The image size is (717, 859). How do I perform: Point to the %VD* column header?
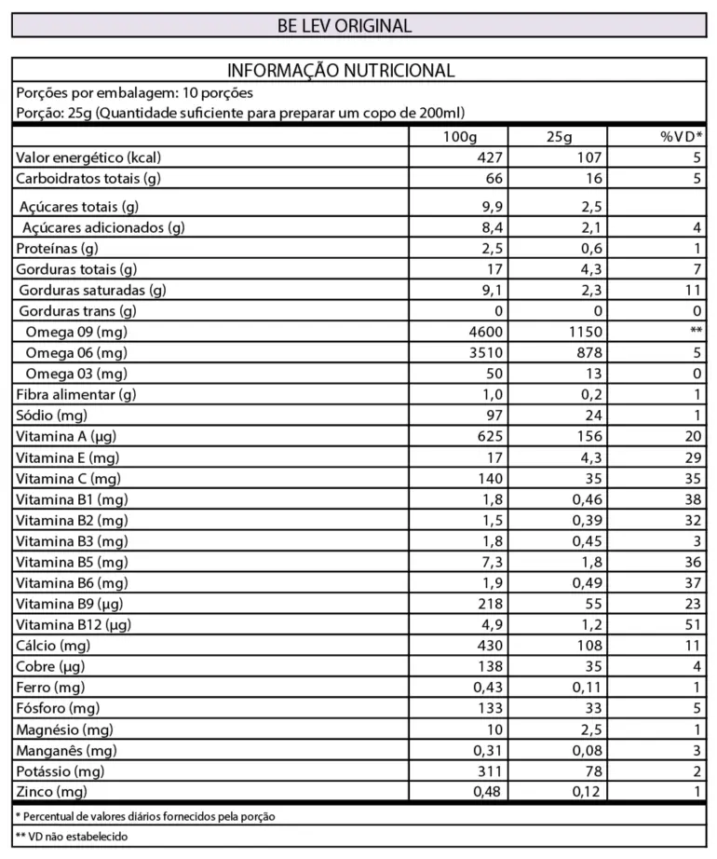(x=682, y=137)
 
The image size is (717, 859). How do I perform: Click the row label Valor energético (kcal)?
(x=89, y=157)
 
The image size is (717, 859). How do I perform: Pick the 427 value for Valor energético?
(x=489, y=157)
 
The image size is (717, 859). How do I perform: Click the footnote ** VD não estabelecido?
(x=72, y=836)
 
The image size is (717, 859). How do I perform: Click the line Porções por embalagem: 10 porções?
(x=135, y=93)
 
